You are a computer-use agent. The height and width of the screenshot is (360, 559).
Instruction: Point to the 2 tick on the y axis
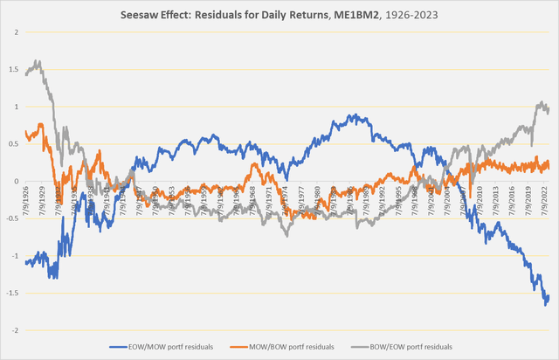coord(16,32)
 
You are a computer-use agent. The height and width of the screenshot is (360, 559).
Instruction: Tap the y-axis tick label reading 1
coord(16,107)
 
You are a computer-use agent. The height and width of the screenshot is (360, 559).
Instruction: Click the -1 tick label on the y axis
coord(14,256)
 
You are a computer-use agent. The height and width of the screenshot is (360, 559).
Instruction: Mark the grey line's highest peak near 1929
coord(38,61)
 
